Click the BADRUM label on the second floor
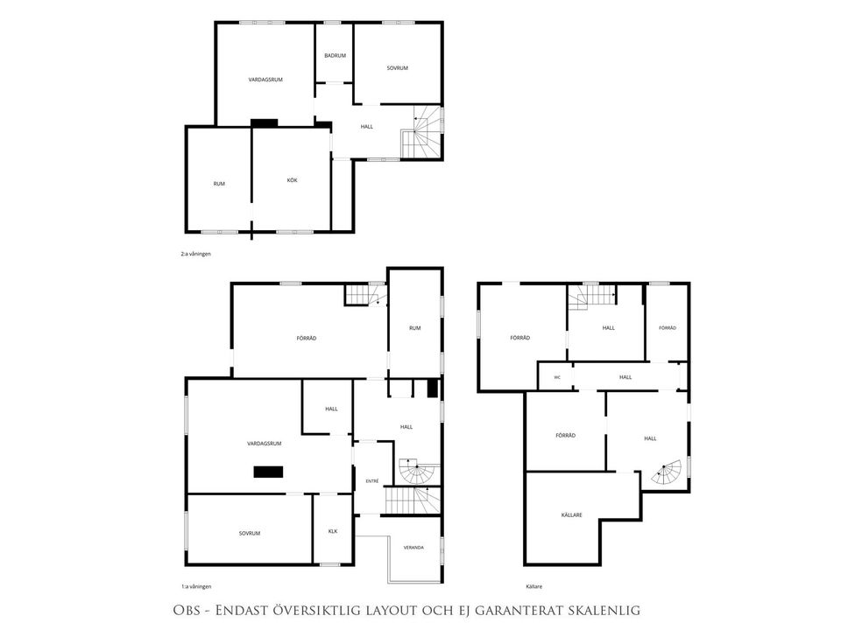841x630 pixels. (x=335, y=56)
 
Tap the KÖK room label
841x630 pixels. (x=292, y=180)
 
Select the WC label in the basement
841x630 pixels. (x=557, y=377)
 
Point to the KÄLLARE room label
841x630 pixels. (x=571, y=514)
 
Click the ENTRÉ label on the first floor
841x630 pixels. (x=371, y=481)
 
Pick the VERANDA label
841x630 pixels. (x=413, y=548)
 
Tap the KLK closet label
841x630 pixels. (x=333, y=531)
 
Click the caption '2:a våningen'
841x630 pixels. (x=195, y=254)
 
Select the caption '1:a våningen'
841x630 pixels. (x=195, y=586)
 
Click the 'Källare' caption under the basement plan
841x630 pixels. (x=534, y=586)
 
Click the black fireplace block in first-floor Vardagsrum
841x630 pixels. (x=268, y=472)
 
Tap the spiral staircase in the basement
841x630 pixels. (x=666, y=472)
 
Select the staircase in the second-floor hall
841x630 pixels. (x=421, y=132)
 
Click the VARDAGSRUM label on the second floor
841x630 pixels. (x=265, y=80)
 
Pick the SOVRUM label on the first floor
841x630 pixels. (x=250, y=534)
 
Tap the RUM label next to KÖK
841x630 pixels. (x=219, y=184)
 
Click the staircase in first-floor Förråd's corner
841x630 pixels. (x=365, y=295)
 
